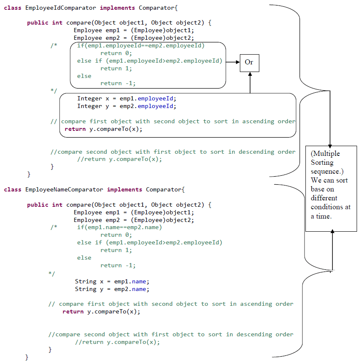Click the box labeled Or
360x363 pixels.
[x=249, y=63]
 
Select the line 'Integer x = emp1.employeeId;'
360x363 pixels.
[x=126, y=99]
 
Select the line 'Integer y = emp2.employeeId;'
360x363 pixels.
[x=126, y=106]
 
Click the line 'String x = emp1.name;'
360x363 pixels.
[x=112, y=281]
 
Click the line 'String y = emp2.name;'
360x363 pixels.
[x=112, y=289]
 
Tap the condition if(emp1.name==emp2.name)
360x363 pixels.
[x=119, y=227]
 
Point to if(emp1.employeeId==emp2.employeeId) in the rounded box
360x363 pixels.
[x=141, y=46]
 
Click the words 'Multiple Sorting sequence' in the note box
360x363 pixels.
[x=327, y=162]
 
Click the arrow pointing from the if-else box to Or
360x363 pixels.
[x=233, y=62]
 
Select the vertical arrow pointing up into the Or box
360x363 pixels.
[x=250, y=83]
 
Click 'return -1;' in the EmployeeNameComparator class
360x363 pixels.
[x=118, y=266]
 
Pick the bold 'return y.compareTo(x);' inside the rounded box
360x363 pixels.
[x=103, y=129]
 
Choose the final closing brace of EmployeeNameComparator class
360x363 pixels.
[x=27, y=357]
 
